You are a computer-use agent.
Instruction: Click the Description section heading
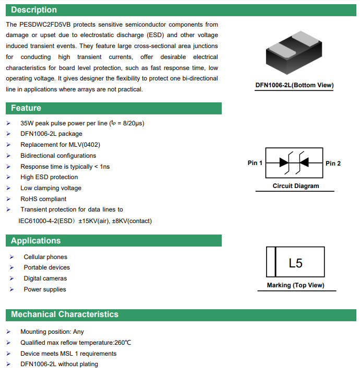tap(34, 10)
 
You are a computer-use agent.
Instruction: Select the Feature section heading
tap(26, 108)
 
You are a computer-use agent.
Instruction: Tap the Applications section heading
tap(35, 241)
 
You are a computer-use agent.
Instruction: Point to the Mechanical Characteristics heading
tap(65, 314)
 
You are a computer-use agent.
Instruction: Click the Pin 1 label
tap(255, 163)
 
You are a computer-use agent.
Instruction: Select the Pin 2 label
tap(333, 163)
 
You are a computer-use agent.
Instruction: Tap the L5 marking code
tap(295, 263)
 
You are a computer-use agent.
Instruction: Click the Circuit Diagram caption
tap(295, 186)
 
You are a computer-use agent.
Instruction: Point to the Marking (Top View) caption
tap(295, 285)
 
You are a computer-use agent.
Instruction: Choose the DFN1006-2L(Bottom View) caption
tap(294, 85)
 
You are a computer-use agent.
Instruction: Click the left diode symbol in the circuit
tap(285, 163)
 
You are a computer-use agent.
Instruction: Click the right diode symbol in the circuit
tap(305, 163)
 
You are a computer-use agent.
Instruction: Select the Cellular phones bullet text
tap(45, 257)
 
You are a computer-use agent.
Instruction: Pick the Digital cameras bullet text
tap(45, 278)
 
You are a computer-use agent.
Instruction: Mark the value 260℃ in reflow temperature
tap(122, 343)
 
